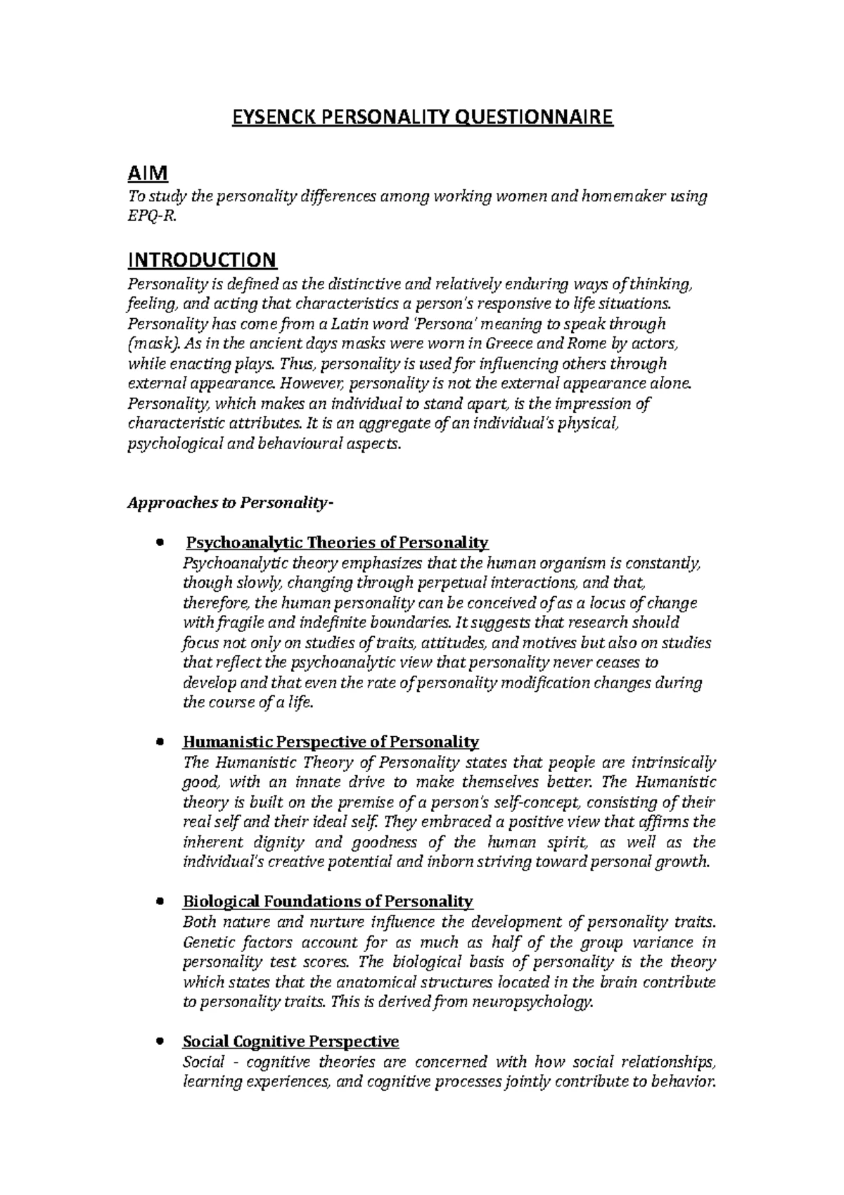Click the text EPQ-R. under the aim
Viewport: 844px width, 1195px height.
(x=148, y=217)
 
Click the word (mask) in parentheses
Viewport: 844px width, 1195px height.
(x=153, y=344)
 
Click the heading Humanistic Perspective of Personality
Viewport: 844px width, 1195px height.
(x=331, y=742)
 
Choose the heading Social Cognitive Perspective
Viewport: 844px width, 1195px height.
(x=290, y=1041)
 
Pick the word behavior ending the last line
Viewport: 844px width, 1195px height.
(x=682, y=1082)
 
